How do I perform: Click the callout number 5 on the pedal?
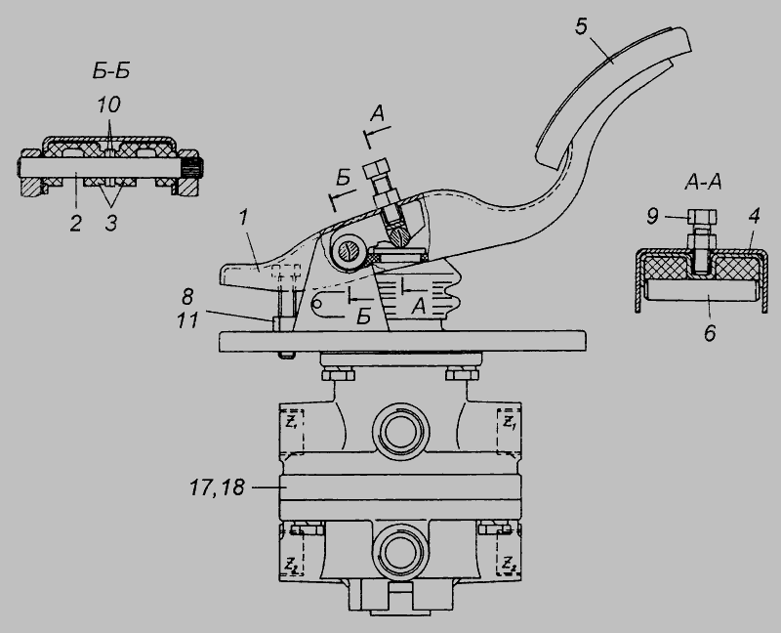point(581,27)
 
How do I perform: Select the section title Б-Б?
point(111,71)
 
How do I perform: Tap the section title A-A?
point(703,183)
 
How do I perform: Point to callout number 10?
point(108,105)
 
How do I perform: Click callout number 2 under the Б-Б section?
point(75,224)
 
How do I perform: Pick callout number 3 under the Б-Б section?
point(111,224)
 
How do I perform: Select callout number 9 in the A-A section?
point(652,216)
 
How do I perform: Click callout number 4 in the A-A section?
point(754,216)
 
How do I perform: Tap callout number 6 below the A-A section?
point(710,333)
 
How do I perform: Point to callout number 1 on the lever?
point(243,218)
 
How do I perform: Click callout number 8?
point(186,297)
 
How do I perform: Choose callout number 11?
point(187,320)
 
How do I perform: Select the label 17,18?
point(217,487)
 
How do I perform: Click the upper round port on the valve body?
point(400,430)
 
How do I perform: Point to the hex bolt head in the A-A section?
point(702,216)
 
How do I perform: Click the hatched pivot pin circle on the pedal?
point(348,251)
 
